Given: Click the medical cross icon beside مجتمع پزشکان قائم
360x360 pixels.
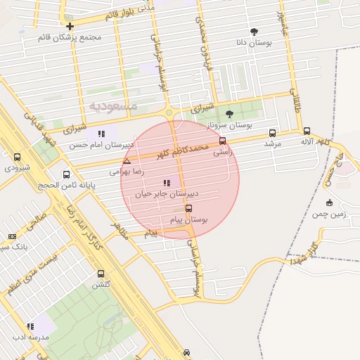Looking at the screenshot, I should click(x=70, y=26).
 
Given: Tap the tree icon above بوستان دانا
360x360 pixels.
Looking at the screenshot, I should click(x=254, y=32).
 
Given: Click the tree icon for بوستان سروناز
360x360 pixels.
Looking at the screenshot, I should click(x=229, y=114).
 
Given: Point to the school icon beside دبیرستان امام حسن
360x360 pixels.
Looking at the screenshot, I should click(x=102, y=134).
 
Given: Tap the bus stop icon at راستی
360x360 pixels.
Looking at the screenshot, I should click(x=223, y=140).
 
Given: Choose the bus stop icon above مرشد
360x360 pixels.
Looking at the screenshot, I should click(x=272, y=133).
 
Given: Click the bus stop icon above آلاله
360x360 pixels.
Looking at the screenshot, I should click(x=307, y=131).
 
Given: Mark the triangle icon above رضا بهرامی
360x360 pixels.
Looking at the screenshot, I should click(x=127, y=161).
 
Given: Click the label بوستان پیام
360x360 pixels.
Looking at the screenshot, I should click(x=189, y=220).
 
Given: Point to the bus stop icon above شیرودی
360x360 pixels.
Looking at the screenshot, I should click(x=17, y=157).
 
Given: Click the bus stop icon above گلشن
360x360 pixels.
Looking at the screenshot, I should click(x=101, y=274).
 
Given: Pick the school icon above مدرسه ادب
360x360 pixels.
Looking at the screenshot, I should click(x=30, y=326).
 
